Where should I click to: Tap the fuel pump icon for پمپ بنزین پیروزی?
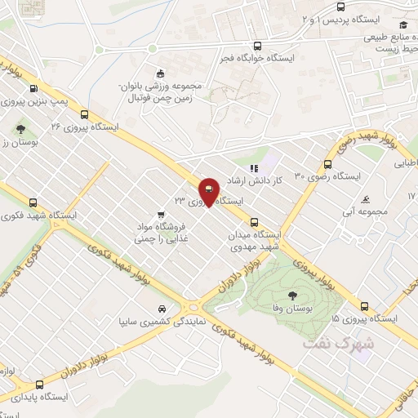tap(33, 89)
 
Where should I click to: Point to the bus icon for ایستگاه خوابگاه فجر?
tap(258, 47)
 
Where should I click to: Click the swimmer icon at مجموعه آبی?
tap(367, 199)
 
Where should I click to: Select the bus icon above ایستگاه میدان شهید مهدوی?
tap(255, 220)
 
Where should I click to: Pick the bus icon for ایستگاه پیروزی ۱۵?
tap(364, 307)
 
